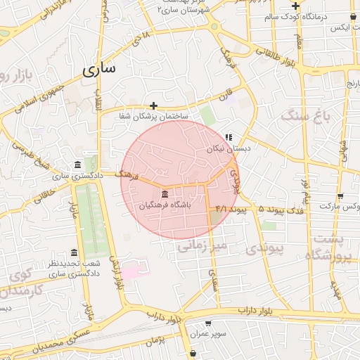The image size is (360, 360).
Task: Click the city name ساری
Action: [x=99, y=70]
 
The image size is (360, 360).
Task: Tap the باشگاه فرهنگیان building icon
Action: [x=165, y=194]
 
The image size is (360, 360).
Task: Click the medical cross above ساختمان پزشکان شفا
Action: [x=154, y=105]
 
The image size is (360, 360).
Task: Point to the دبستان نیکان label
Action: [x=229, y=149]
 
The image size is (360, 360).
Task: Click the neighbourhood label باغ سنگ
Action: [x=304, y=115]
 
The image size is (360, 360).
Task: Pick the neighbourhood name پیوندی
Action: [x=266, y=248]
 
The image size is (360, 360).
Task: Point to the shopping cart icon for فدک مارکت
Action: [x=340, y=196]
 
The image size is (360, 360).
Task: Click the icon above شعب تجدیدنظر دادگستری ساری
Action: [x=75, y=252]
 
